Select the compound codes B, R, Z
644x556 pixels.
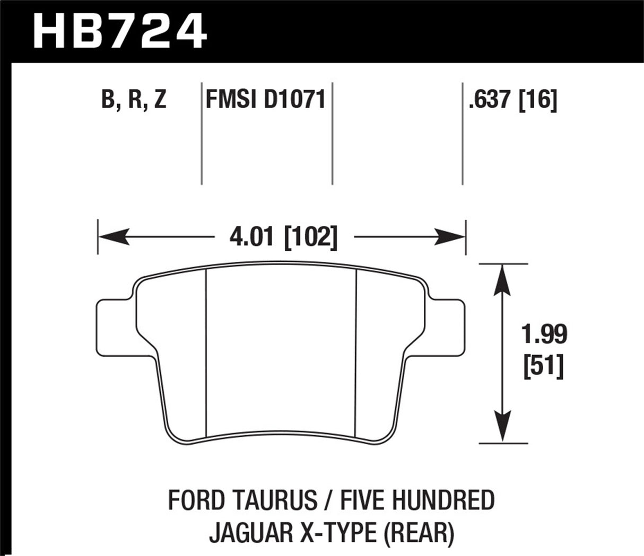coord(134,99)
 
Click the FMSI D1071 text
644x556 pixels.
coord(265,99)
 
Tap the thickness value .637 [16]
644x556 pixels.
coord(512,99)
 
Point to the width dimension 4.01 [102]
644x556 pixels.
coord(283,237)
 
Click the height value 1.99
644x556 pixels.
coord(543,335)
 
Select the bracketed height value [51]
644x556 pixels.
coord(543,366)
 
